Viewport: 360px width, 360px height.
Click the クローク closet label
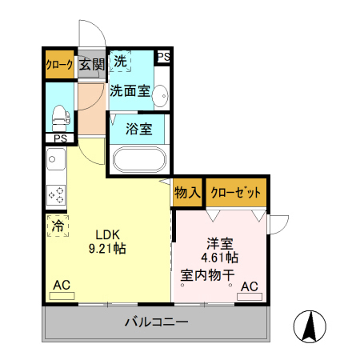click(x=60, y=65)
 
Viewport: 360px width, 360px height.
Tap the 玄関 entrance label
click(x=92, y=65)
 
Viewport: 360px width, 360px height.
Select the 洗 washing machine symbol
click(x=120, y=61)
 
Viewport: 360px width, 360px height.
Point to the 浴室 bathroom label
click(x=139, y=129)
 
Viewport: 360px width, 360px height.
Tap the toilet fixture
click(x=59, y=117)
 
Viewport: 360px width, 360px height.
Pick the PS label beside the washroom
click(x=163, y=56)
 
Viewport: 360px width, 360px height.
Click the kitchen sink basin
click(x=55, y=163)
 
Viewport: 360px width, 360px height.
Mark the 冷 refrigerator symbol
click(x=57, y=226)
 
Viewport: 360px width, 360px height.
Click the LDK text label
click(x=107, y=234)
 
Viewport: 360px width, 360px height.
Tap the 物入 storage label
click(x=187, y=192)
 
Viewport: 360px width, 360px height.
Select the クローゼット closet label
click(x=236, y=192)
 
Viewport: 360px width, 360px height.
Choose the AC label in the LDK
click(x=62, y=285)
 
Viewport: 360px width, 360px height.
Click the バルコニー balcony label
click(x=156, y=322)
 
